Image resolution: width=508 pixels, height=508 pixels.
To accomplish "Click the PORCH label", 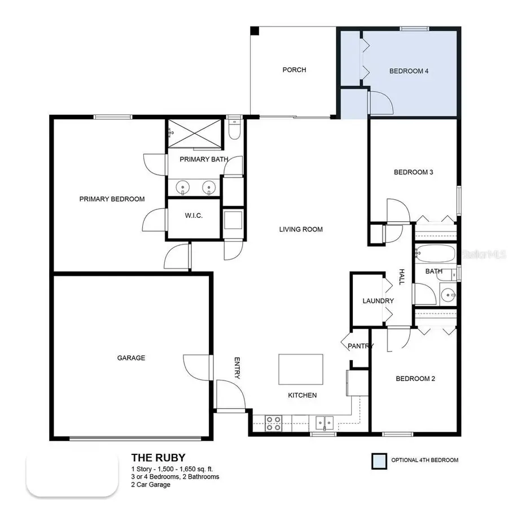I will point(294,70).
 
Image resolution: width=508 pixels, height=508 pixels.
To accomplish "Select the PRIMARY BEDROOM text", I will point(112,199).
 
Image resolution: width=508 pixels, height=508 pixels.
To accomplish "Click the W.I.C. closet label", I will point(194,217).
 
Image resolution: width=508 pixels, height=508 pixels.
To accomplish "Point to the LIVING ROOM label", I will point(301,229).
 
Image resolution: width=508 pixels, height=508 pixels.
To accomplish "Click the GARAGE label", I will point(131,358).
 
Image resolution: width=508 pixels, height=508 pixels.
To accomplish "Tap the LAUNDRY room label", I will point(378,301).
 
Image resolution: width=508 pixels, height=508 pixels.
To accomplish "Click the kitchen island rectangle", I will point(301,369).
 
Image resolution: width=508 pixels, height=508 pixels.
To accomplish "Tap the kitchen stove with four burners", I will point(274,423).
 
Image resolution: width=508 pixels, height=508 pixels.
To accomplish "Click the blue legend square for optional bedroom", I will point(378,460).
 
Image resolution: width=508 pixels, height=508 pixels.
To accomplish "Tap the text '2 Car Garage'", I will point(150,484).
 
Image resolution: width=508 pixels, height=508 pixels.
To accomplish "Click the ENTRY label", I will point(238,368).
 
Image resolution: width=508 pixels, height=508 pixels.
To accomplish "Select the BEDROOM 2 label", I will point(415,379).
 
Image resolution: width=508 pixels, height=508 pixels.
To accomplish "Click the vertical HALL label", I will point(402,276).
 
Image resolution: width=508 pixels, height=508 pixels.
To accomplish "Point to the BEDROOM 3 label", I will point(413,172).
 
